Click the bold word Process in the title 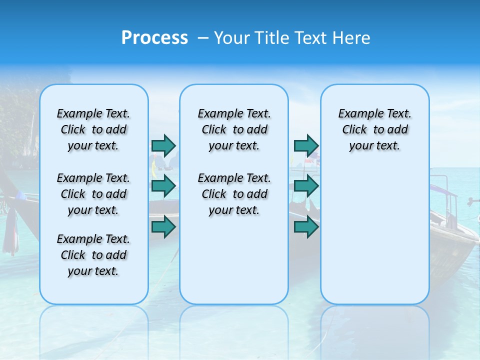[x=154, y=38]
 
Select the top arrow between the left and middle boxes [x=163, y=145]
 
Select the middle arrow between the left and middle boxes [x=163, y=186]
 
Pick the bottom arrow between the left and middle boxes [x=163, y=227]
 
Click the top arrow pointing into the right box [x=306, y=145]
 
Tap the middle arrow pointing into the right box [x=306, y=186]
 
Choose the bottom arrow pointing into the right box [x=306, y=227]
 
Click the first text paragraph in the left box [x=93, y=129]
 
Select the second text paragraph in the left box [x=93, y=194]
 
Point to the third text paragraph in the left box [x=93, y=255]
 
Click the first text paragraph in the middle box [x=234, y=129]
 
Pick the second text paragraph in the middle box [x=234, y=194]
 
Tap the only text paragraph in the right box [x=374, y=129]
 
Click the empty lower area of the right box [x=374, y=235]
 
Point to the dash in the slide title [x=203, y=38]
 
